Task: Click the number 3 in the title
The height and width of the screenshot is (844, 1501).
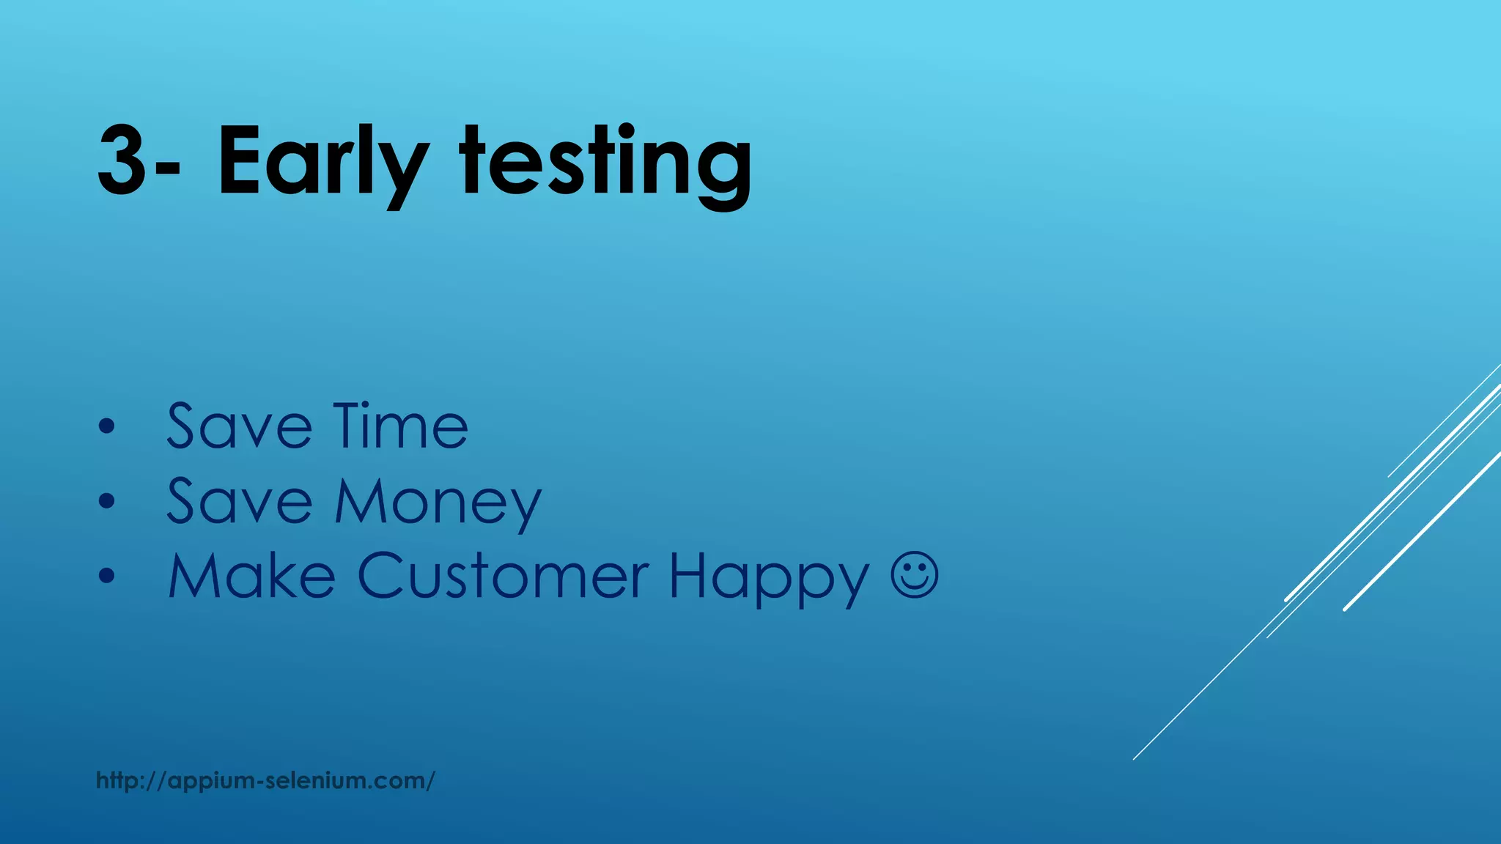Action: point(122,161)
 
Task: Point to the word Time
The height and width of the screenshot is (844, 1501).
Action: point(401,426)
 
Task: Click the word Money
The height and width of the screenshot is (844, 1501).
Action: point(438,503)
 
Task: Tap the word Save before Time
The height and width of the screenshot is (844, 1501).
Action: point(239,426)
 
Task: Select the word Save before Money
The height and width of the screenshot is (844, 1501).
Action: point(239,502)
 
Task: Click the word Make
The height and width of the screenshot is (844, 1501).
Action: point(251,577)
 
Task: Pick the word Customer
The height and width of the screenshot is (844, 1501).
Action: point(503,577)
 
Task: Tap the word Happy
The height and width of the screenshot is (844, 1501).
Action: point(768,579)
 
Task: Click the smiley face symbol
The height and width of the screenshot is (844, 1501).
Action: point(915,575)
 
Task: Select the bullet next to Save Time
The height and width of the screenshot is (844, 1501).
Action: point(107,426)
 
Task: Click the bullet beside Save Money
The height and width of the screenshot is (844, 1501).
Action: point(107,502)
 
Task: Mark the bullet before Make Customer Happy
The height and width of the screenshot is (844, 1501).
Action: point(107,577)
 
